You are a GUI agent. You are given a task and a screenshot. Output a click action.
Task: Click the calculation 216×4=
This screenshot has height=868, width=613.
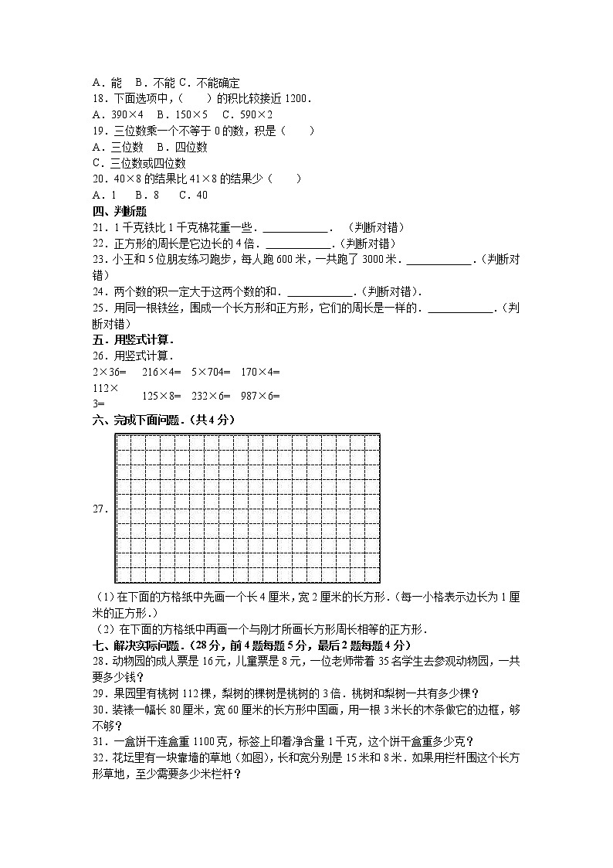tap(161, 372)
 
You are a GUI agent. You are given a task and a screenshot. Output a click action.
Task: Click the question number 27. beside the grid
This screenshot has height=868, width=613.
tap(100, 509)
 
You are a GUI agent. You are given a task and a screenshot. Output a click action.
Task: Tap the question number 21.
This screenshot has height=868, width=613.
tap(99, 227)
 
